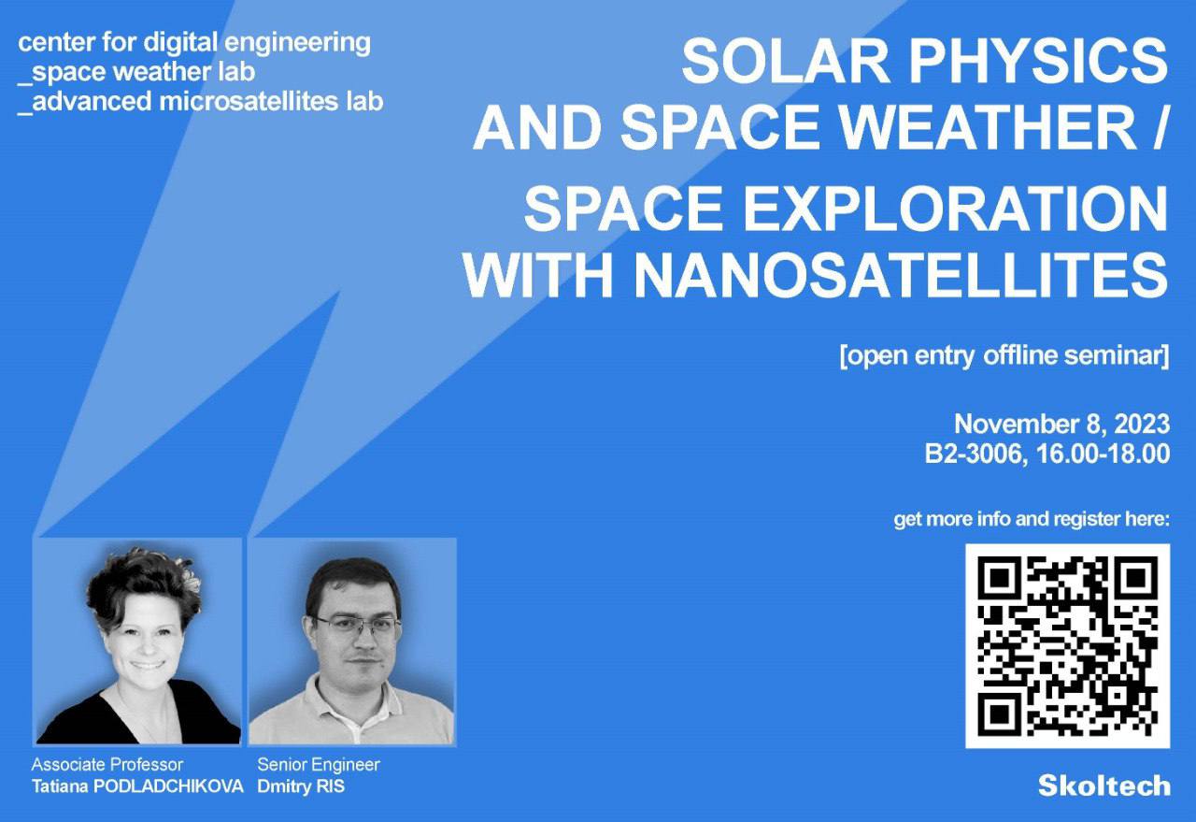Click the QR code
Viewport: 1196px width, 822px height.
click(x=1067, y=646)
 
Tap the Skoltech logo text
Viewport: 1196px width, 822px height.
click(x=1104, y=786)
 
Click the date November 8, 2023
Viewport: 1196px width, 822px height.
click(x=1061, y=425)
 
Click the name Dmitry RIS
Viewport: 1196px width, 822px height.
click(x=301, y=786)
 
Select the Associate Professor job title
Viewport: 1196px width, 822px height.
click(x=107, y=765)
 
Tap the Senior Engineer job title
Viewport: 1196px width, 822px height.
click(x=319, y=765)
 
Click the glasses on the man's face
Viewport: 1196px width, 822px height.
click(x=356, y=625)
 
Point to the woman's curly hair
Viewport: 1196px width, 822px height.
click(x=144, y=583)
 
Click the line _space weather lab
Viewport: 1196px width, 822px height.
click(x=136, y=72)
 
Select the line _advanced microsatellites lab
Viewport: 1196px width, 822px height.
click(x=200, y=102)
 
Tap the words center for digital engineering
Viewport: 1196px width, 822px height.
click(x=194, y=43)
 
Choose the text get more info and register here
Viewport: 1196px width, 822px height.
click(x=1032, y=519)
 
